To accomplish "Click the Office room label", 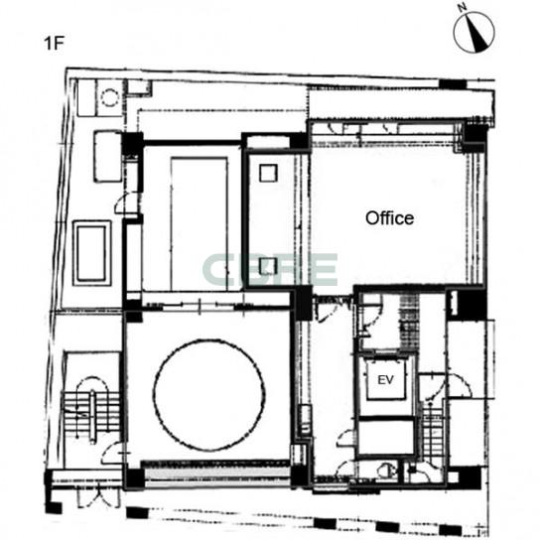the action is pos(389,218).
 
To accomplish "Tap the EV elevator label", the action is pos(385,380).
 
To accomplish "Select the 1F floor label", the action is pos(55,44).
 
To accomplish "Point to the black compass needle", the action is pos(476,36).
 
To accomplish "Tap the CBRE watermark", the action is pos(270,270).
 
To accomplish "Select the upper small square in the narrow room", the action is pos(268,173).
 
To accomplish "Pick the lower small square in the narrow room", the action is pos(268,266).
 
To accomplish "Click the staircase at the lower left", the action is pos(91,410).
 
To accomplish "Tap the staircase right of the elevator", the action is pos(432,431).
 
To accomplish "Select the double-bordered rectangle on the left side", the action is pos(92,253).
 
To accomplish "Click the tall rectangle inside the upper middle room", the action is pos(200,224).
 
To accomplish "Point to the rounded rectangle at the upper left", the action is pos(108,156).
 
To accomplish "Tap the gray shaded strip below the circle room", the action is pos(216,474).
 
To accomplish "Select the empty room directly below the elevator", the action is pos(386,437).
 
